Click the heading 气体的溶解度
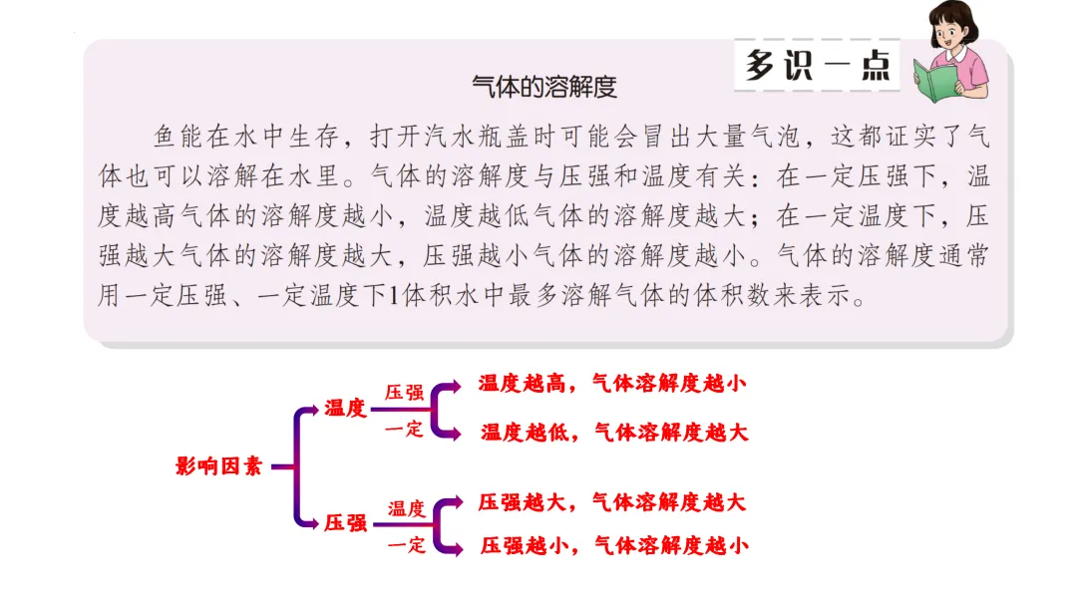(544, 87)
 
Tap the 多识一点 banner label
(818, 65)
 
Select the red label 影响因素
(218, 465)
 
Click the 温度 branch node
(345, 408)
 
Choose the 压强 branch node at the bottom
(345, 522)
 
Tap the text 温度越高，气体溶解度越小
(612, 383)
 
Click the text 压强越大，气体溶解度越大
(612, 502)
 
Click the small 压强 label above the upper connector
(404, 392)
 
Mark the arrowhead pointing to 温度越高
(454, 384)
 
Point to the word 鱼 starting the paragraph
(166, 137)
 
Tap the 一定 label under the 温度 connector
(404, 430)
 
